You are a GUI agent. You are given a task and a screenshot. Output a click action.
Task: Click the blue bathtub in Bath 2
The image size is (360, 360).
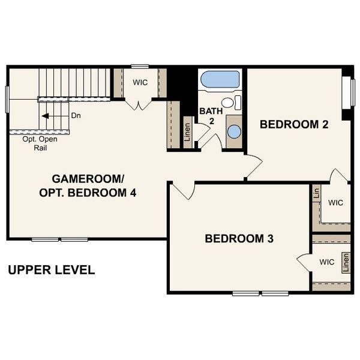point(220,80)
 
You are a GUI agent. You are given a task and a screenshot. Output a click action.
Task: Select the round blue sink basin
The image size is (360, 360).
point(235,131)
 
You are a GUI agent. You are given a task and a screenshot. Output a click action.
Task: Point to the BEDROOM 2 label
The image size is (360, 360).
point(293,125)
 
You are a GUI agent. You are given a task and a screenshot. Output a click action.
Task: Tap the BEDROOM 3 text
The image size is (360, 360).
point(239,238)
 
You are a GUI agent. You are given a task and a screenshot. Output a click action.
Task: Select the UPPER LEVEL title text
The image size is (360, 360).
point(51,270)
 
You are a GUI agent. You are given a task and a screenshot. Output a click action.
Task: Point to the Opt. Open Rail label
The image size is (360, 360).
point(40,143)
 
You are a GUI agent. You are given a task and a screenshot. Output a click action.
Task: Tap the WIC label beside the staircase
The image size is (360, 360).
point(140,82)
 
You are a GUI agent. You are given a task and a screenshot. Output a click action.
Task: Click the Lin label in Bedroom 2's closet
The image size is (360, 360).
point(316,193)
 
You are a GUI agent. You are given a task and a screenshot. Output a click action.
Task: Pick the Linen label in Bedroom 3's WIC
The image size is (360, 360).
point(346,263)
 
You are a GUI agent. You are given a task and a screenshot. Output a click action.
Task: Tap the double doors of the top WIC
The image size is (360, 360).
point(140,105)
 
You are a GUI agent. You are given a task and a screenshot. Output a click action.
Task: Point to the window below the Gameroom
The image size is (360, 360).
point(60,239)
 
